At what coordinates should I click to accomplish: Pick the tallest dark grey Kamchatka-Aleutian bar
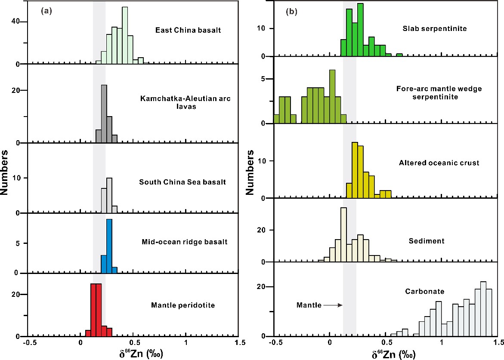pyautogui.click(x=104, y=114)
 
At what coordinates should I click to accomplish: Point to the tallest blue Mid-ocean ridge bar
pyautogui.click(x=109, y=246)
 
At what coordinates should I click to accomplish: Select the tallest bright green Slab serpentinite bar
pyautogui.click(x=360, y=30)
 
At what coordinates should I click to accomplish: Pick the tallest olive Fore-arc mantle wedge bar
pyautogui.click(x=332, y=96)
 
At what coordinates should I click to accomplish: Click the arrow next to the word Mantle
pyautogui.click(x=332, y=305)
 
